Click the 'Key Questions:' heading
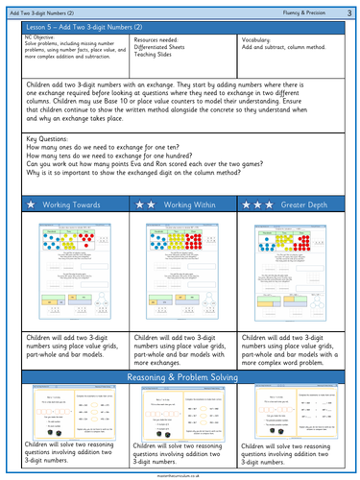46,138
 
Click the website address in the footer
180,474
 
